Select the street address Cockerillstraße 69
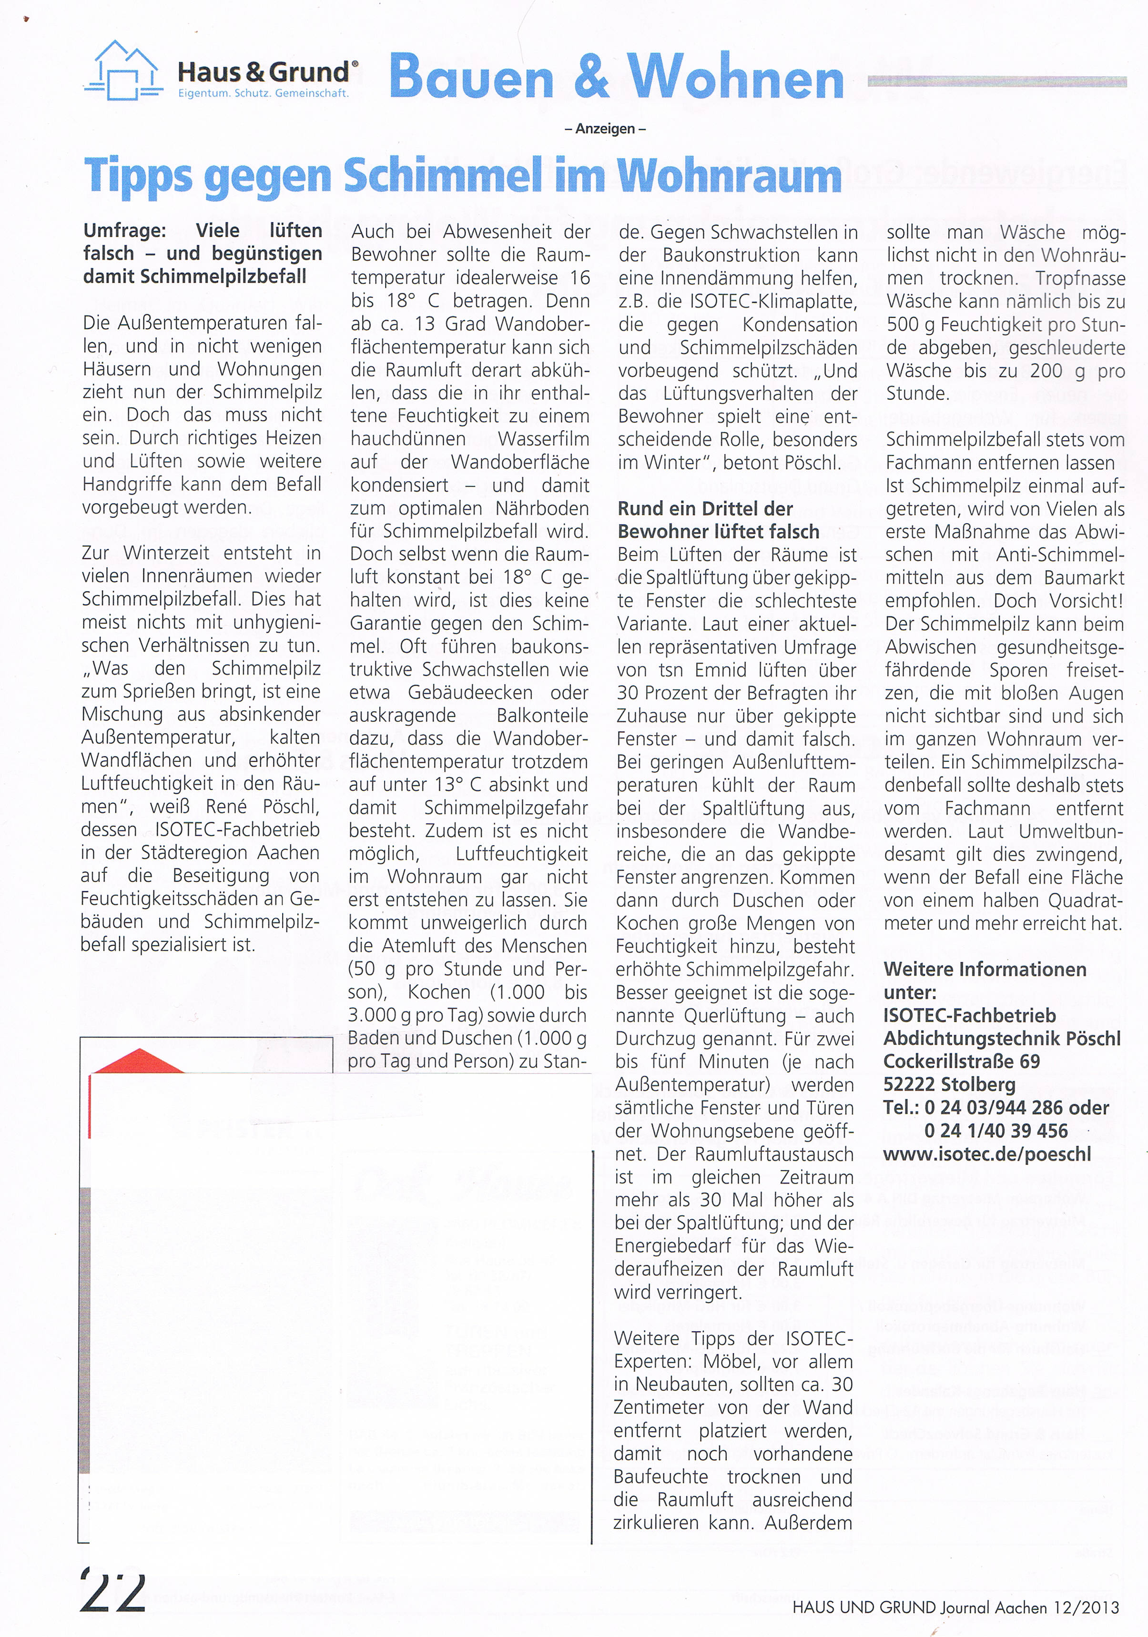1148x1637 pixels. pyautogui.click(x=961, y=1061)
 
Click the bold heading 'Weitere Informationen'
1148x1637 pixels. pyautogui.click(x=985, y=969)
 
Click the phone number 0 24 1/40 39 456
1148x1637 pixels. pyautogui.click(x=996, y=1131)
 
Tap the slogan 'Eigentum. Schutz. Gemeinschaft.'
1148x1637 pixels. pyautogui.click(x=263, y=93)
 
